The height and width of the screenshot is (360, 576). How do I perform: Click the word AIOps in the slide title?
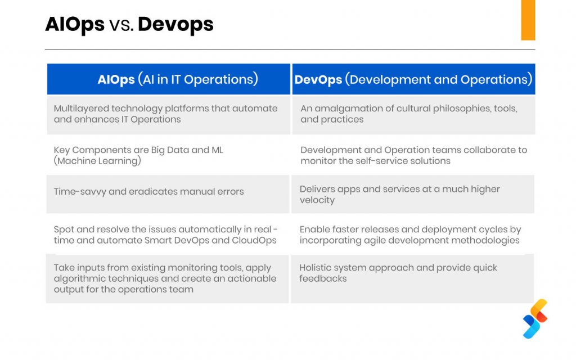(x=75, y=25)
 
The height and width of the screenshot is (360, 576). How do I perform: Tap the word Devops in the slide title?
(x=175, y=25)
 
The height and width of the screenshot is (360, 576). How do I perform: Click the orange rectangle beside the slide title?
(x=528, y=20)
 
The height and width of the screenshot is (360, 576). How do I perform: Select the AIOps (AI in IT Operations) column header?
(x=169, y=79)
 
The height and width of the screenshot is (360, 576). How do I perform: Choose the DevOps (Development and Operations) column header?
(x=413, y=79)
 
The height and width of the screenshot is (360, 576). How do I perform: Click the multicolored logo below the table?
(x=535, y=318)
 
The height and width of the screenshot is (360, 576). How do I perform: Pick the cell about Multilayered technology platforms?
(x=169, y=114)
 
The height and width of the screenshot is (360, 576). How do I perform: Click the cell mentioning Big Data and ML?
(x=169, y=155)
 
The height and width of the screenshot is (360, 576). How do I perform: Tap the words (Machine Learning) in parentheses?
(x=97, y=161)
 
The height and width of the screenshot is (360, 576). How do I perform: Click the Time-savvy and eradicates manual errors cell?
(x=168, y=194)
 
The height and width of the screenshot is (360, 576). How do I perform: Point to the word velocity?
(x=317, y=200)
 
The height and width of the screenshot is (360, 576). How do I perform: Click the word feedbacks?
(x=323, y=278)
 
